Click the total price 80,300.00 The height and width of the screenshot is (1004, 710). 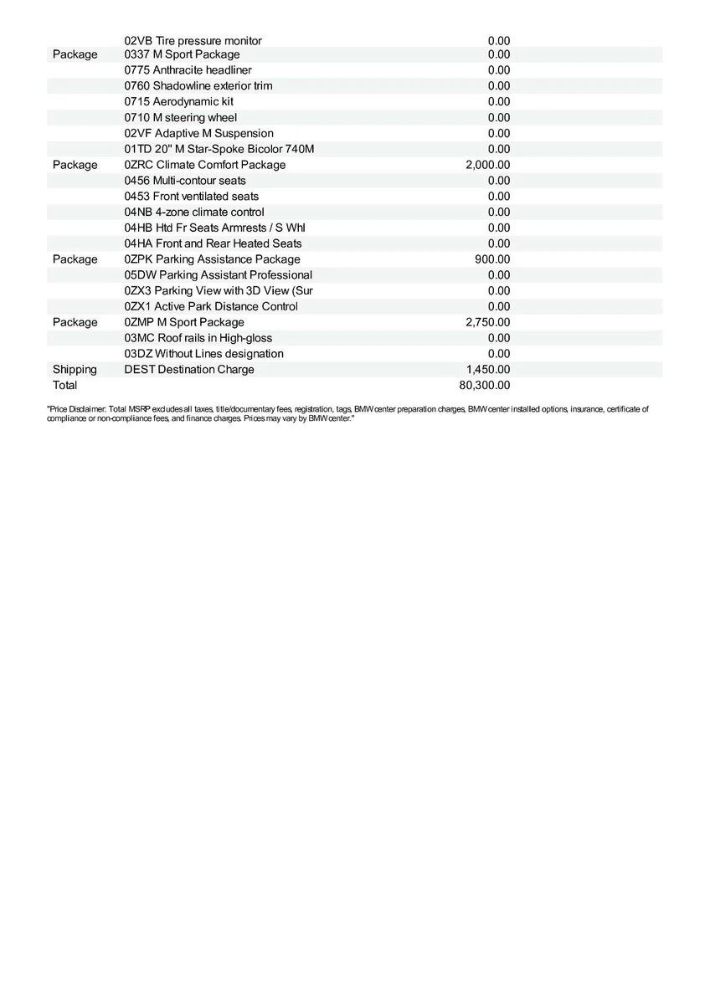[485, 386]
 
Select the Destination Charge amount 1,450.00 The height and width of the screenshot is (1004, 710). [488, 370]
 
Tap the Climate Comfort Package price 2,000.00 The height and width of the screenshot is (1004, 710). [487, 165]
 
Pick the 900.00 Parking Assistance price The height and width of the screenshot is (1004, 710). [492, 259]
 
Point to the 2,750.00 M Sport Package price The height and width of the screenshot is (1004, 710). [488, 322]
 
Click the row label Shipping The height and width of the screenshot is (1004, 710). [75, 370]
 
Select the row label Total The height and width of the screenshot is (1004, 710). [64, 386]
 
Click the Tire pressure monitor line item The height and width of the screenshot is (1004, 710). [193, 41]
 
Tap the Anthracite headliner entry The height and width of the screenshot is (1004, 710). [188, 70]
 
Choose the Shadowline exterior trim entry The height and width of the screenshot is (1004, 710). [198, 86]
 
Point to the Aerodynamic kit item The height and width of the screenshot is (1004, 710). [178, 102]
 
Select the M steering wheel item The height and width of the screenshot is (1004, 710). [180, 118]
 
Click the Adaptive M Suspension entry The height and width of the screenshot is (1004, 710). [198, 134]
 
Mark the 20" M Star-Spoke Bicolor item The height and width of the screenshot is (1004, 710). [219, 149]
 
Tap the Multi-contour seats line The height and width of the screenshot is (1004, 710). [185, 181]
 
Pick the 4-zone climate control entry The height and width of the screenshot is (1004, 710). [193, 213]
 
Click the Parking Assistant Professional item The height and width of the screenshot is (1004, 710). [218, 275]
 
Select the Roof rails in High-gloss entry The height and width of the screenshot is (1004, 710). [198, 338]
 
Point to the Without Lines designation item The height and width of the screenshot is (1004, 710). [203, 354]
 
